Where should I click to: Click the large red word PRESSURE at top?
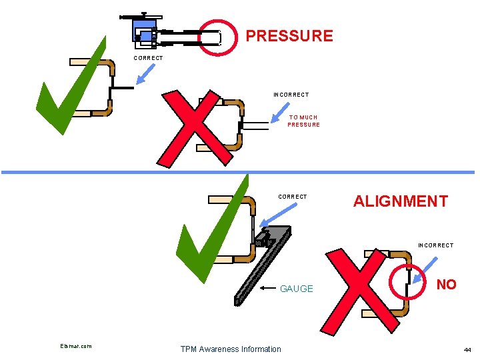tap(289, 36)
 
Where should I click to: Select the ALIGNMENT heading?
tap(400, 201)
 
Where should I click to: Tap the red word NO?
tap(446, 285)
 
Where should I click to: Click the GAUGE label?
tap(296, 289)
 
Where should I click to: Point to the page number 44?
tap(467, 349)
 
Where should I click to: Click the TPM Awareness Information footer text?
tap(231, 349)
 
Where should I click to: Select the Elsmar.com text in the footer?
tap(75, 345)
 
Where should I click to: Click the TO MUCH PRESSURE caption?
tap(303, 121)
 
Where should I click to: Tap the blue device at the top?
tap(143, 31)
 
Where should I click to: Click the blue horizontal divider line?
tap(240, 172)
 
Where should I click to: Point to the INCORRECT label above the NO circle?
tap(435, 245)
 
